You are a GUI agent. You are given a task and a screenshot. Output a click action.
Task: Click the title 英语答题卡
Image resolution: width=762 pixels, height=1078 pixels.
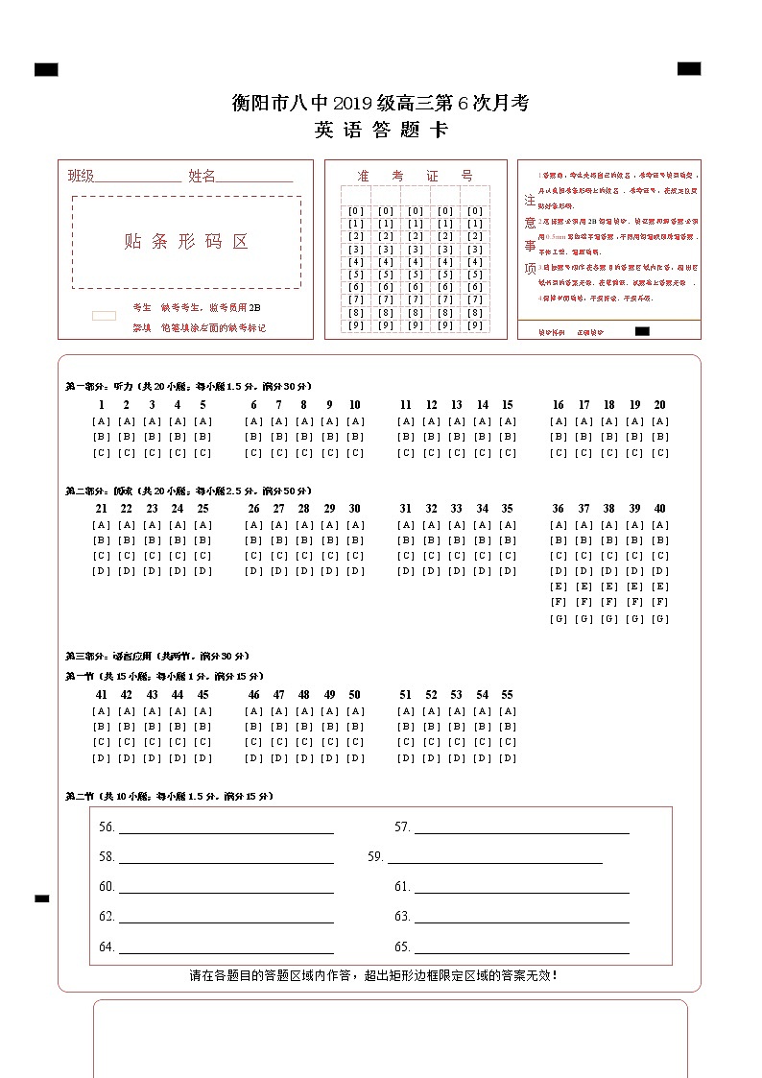tap(380, 131)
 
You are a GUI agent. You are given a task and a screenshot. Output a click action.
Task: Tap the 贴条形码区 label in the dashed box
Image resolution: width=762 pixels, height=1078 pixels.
tap(186, 242)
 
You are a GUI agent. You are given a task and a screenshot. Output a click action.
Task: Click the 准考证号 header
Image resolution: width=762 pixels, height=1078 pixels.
tap(415, 176)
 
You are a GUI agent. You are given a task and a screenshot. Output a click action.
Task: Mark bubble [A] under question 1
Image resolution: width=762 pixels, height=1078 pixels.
tap(101, 421)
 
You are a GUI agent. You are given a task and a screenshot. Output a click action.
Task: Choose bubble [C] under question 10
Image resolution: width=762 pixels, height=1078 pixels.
tap(355, 453)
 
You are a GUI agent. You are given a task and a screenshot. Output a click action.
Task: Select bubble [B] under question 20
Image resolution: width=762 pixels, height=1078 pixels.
tap(660, 437)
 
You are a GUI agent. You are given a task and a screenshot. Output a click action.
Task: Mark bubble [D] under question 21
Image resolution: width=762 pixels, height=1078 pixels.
tap(101, 571)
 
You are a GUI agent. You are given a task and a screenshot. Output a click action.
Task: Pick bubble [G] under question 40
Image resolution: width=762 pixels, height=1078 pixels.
tap(660, 619)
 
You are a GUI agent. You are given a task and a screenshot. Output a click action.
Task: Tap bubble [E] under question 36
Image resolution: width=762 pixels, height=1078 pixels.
tap(559, 587)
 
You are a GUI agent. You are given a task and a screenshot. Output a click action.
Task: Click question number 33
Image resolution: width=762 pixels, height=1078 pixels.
tap(457, 509)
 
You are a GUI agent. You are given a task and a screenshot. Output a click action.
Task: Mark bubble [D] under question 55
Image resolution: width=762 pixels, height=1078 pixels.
tap(508, 758)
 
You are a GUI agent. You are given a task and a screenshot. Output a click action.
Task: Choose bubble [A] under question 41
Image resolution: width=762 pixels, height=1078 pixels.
tap(101, 711)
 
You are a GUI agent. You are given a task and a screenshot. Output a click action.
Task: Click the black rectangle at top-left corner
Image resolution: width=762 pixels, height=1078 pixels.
tap(46, 69)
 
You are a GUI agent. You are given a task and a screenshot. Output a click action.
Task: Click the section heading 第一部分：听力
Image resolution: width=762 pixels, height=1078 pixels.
tap(100, 386)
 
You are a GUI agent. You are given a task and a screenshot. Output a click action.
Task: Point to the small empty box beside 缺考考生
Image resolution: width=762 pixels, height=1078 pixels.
tap(104, 316)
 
